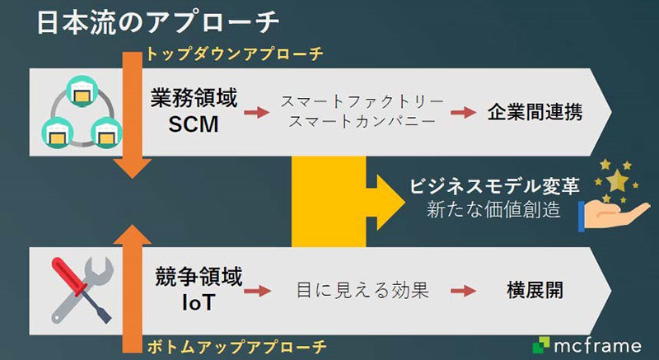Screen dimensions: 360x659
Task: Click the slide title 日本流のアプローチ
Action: [156, 22]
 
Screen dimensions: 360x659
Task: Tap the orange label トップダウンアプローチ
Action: [233, 54]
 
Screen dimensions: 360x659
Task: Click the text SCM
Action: [194, 125]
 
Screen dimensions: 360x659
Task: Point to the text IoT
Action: [196, 302]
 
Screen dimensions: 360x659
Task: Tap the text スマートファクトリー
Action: [362, 101]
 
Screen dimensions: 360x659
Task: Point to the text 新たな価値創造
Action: [494, 210]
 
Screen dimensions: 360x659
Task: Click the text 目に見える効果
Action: [363, 290]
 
